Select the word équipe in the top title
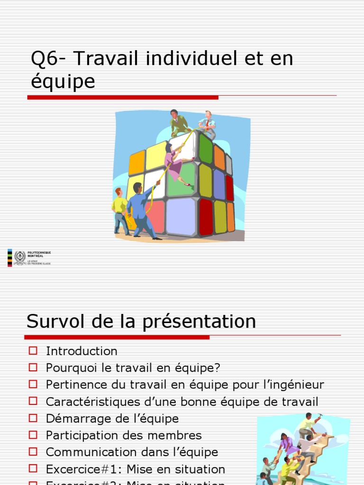pos(63,81)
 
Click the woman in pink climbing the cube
pos(175,164)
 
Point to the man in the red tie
pos(207,123)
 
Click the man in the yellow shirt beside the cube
pos(120,210)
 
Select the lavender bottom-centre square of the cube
pos(181,216)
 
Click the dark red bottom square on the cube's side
pos(206,217)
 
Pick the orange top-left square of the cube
pos(136,162)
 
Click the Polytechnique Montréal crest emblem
pos(20,257)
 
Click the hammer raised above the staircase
pos(319,416)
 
